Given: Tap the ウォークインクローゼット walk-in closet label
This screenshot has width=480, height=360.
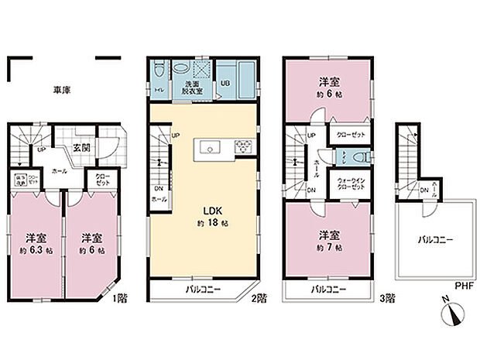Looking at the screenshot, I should (351, 183).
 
